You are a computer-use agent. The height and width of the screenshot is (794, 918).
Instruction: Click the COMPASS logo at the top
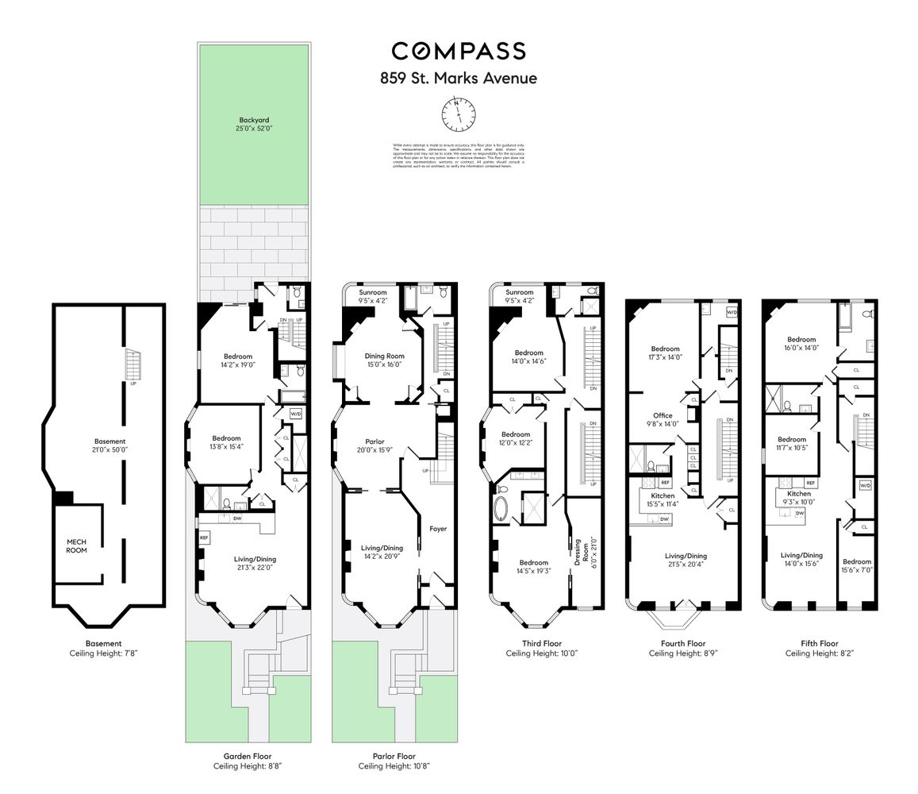coord(458,52)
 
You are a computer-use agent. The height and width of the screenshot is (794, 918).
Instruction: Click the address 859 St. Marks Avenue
coord(458,79)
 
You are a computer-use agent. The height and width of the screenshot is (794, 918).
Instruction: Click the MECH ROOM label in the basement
coord(77,545)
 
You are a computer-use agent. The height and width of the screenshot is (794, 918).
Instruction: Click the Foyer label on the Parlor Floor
coord(438,529)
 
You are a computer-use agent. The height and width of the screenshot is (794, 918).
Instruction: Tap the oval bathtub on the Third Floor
coord(502,509)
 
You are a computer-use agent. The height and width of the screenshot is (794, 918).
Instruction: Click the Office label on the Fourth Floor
coord(663,415)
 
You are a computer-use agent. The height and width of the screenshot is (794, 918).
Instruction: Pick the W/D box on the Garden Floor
coord(295,414)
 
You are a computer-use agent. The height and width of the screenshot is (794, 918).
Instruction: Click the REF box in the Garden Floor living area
coord(204,538)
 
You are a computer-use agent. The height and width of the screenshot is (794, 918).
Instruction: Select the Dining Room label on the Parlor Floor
coord(384,357)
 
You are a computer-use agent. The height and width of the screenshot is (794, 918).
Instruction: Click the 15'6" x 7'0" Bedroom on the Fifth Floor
coord(857,566)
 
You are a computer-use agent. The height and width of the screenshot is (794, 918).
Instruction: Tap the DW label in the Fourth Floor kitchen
coord(665,518)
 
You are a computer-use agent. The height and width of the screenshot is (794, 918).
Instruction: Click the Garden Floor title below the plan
coord(248,757)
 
